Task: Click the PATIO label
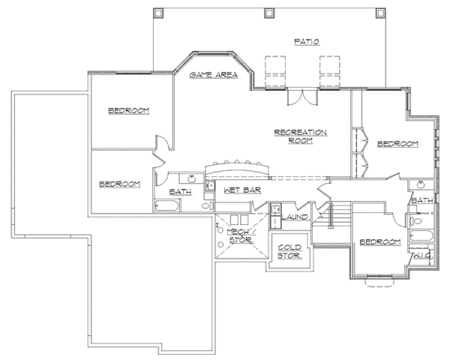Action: coord(307,42)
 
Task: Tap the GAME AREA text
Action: coord(214,75)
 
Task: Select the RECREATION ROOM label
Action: coord(301,136)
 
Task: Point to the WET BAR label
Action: coord(242,190)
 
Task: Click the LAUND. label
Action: coord(295,217)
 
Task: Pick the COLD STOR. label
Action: coord(289,251)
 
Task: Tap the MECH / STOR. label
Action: coord(241,236)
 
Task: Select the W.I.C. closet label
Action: coord(423,255)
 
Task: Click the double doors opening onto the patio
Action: coord(302,97)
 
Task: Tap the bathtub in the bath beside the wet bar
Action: coord(166,205)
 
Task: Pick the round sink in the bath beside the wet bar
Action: coord(191,178)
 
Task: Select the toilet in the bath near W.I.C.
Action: coord(416,221)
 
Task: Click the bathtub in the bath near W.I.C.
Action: coord(421,236)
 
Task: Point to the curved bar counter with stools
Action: coord(237,168)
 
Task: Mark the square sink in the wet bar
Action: coord(210,186)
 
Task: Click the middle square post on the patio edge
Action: coord(269,13)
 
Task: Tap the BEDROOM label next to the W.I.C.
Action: coord(380,242)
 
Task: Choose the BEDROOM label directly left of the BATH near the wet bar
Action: coord(120,184)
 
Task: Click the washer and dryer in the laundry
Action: coord(276,216)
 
